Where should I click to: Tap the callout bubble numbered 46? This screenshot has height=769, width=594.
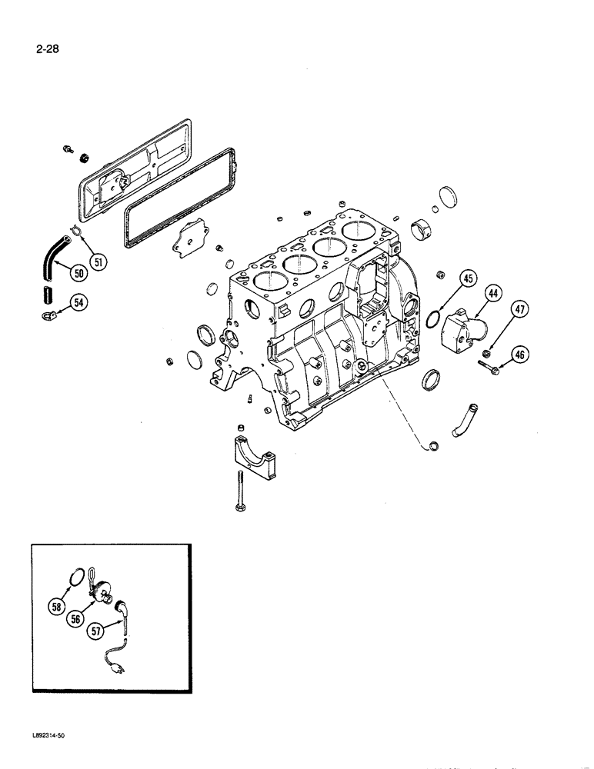click(x=521, y=355)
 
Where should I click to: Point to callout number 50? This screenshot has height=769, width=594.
click(x=78, y=272)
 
